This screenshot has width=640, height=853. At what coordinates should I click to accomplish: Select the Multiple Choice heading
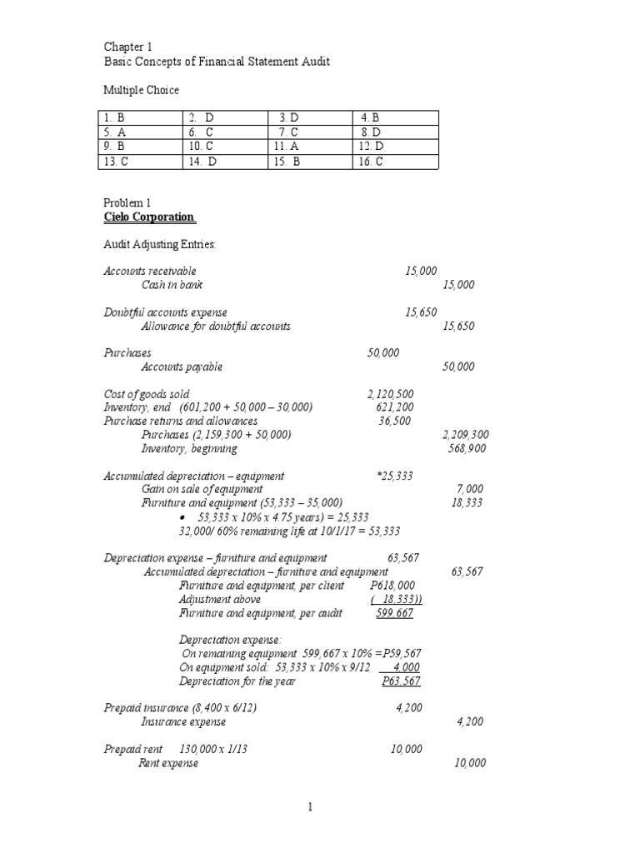pos(141,90)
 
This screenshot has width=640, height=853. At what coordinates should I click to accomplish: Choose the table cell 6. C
pos(202,132)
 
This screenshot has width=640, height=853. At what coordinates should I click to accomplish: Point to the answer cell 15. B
pos(287,162)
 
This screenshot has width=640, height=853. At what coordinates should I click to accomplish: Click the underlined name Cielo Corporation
pos(148,217)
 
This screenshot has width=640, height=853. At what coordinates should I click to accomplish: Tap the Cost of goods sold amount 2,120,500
pos(390,394)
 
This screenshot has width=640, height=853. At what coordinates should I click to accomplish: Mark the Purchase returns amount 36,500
pos(395,422)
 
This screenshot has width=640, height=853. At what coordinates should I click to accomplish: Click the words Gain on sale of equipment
pos(202,489)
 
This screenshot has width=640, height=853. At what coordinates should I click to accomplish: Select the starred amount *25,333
pos(395,476)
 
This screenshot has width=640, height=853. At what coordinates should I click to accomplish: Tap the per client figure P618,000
pos(392,586)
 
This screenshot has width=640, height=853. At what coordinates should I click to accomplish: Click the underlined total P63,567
pos(401,681)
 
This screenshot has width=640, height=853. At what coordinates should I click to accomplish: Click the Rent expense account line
pos(168,763)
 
